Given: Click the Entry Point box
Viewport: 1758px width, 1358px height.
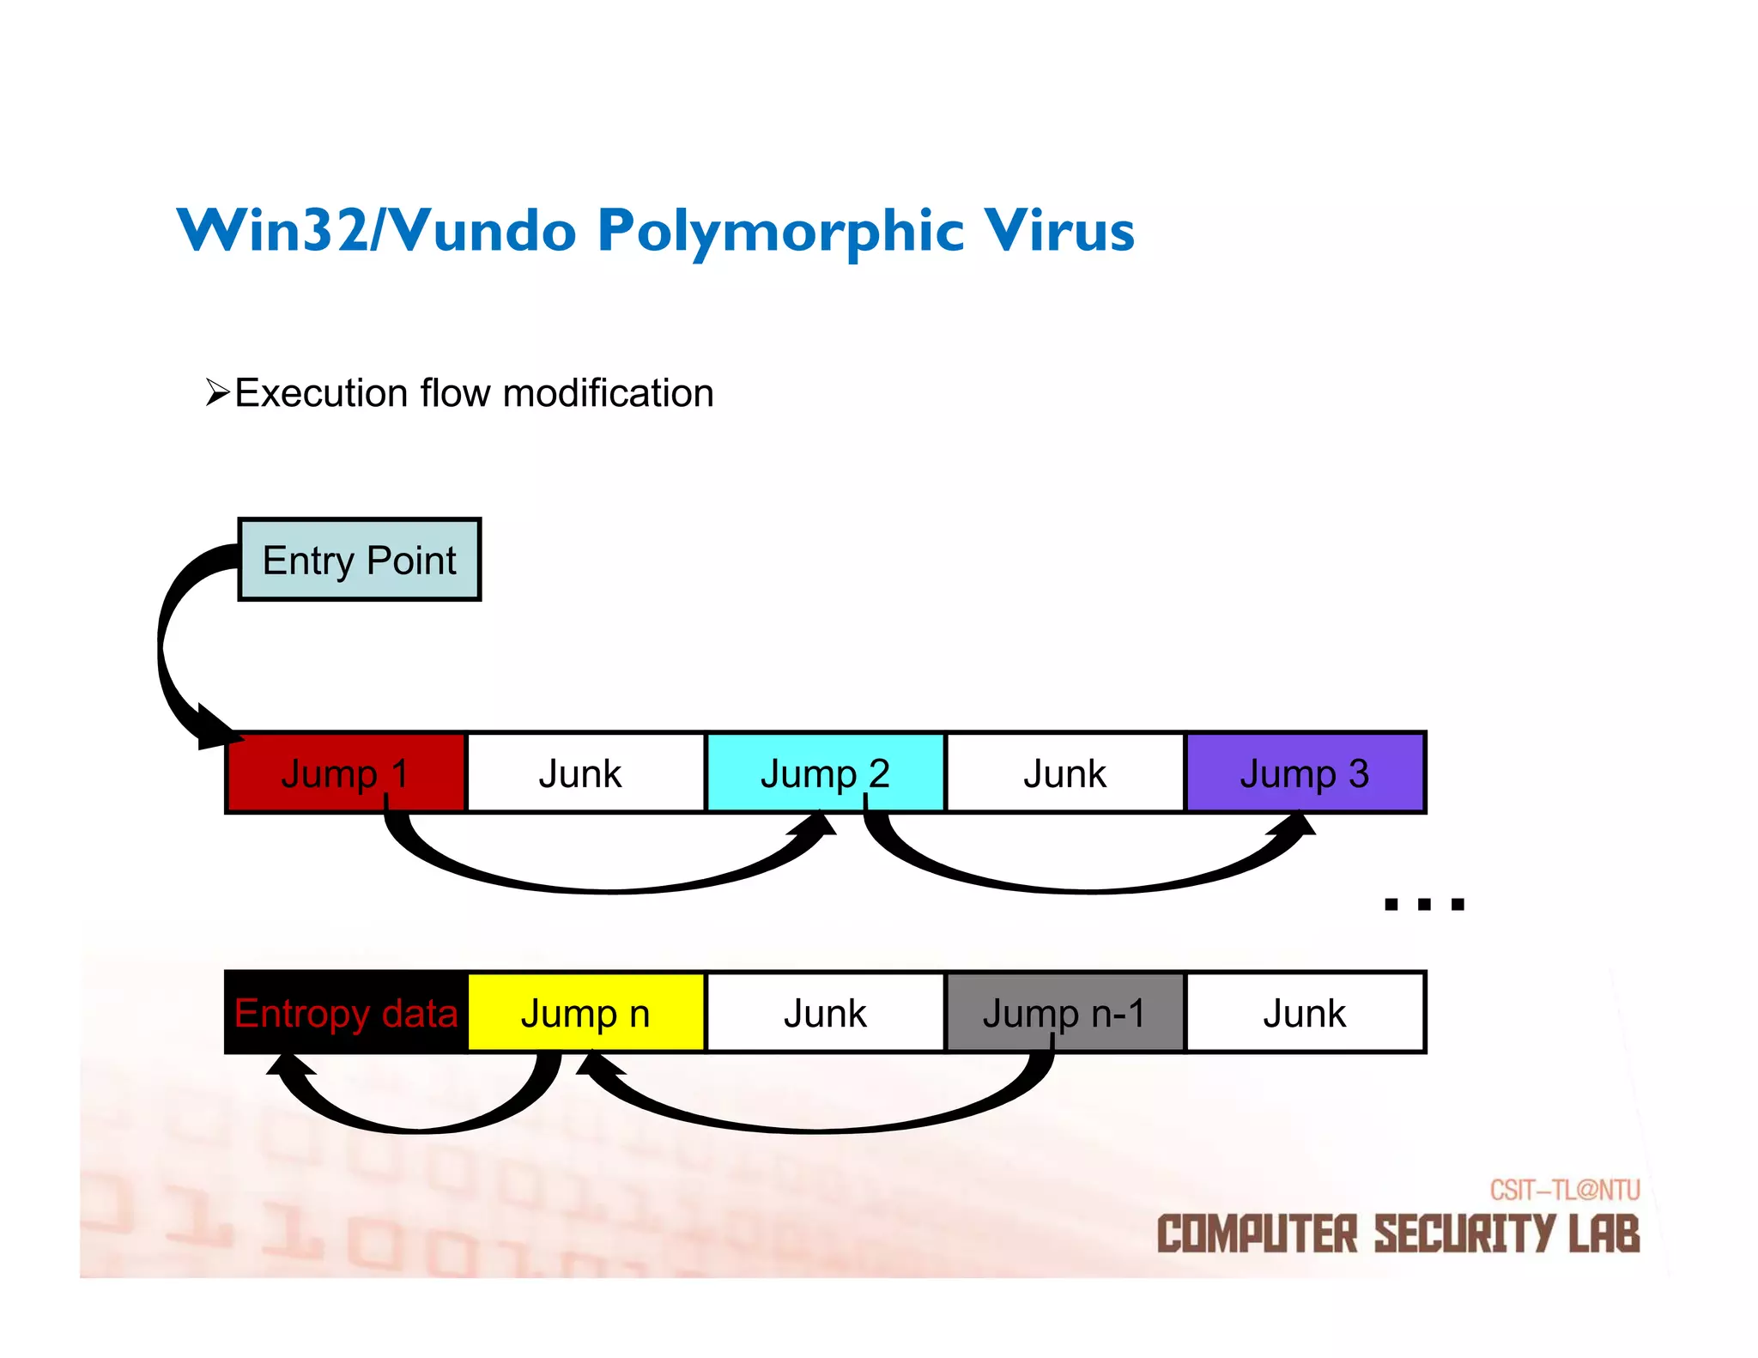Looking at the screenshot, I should [x=359, y=560].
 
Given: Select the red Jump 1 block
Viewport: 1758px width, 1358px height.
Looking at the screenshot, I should [x=345, y=773].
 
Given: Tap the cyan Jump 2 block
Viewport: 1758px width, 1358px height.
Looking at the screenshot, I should [x=825, y=773].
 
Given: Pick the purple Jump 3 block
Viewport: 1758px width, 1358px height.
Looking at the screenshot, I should [x=1305, y=773].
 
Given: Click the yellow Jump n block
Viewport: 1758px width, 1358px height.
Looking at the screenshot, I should [x=585, y=1013].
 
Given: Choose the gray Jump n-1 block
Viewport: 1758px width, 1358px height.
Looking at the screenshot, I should [x=1064, y=1013].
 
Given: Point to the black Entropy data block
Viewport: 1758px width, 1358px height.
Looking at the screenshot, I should [x=345, y=1013].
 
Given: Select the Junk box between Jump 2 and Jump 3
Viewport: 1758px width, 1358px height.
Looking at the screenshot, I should [x=1064, y=773].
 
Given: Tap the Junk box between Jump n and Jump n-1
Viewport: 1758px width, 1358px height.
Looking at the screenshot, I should [x=825, y=1013].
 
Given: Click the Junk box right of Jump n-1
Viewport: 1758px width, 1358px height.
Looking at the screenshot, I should [x=1305, y=1013].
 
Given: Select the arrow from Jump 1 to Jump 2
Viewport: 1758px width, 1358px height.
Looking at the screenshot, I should [x=609, y=884].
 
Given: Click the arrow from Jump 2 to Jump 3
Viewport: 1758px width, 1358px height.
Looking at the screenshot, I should [x=1090, y=884].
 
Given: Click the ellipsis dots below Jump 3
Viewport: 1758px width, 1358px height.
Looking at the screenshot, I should [x=1424, y=904].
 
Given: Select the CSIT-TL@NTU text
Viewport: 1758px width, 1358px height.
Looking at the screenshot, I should [x=1564, y=1191].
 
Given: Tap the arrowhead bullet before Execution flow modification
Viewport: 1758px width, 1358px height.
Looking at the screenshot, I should [x=218, y=393].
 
